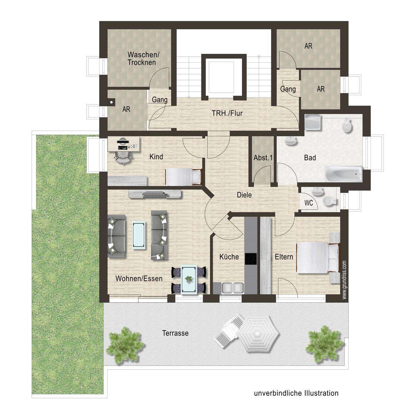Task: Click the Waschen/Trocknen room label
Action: coord(142,58)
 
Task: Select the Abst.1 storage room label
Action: coord(263,158)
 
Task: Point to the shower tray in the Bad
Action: coord(313,122)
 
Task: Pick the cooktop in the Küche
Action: coord(251,259)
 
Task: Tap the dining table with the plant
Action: coord(188,279)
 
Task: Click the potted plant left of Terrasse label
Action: coord(124,345)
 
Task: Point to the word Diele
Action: coord(244,195)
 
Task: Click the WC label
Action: coord(309,203)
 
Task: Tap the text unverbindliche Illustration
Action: coord(296,393)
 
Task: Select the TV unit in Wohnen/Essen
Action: coord(155,193)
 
